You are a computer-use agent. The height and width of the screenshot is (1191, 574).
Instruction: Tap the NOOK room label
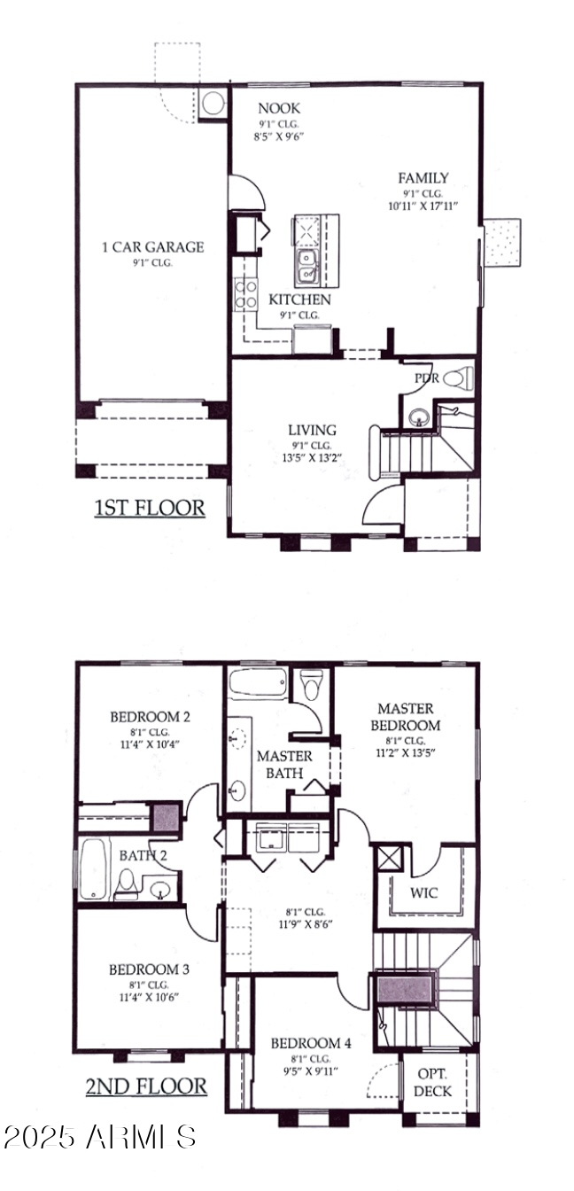[x=279, y=108]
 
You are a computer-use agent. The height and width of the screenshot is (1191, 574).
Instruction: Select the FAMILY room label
[x=423, y=178]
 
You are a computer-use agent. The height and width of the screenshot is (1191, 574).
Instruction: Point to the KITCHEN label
[x=299, y=300]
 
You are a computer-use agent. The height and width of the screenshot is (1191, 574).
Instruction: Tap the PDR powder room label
[x=427, y=378]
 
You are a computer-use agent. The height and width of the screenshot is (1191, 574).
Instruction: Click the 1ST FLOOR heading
[x=150, y=508]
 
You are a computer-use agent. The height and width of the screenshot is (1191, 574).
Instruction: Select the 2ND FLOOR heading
[x=147, y=1086]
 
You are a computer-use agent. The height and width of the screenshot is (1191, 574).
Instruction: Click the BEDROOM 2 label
[x=151, y=716]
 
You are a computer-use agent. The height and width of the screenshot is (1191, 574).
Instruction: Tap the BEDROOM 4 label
[x=311, y=1043]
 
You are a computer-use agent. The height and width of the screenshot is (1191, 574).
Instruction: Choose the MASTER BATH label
[x=284, y=764]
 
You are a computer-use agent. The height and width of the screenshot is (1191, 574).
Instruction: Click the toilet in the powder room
[x=454, y=379]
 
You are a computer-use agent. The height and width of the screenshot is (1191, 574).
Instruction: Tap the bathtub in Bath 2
[x=92, y=868]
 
